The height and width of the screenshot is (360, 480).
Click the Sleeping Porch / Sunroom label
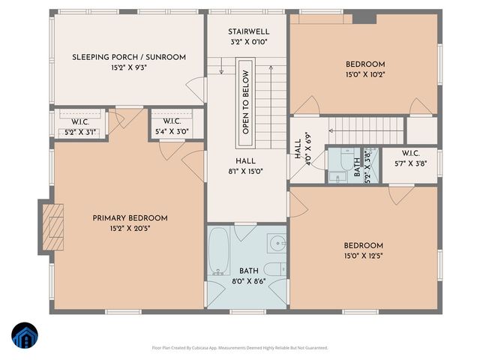tap(129, 57)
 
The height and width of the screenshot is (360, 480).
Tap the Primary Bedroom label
tap(130, 218)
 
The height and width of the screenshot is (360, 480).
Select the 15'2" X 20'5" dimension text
tap(130, 229)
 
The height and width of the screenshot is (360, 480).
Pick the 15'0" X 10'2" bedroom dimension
tap(365, 74)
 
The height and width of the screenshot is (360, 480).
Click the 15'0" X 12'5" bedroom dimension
tap(364, 256)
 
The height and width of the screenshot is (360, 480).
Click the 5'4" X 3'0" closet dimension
tap(172, 132)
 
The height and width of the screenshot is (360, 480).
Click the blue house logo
tap(24, 336)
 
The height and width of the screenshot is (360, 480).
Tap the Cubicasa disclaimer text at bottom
tap(240, 348)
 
